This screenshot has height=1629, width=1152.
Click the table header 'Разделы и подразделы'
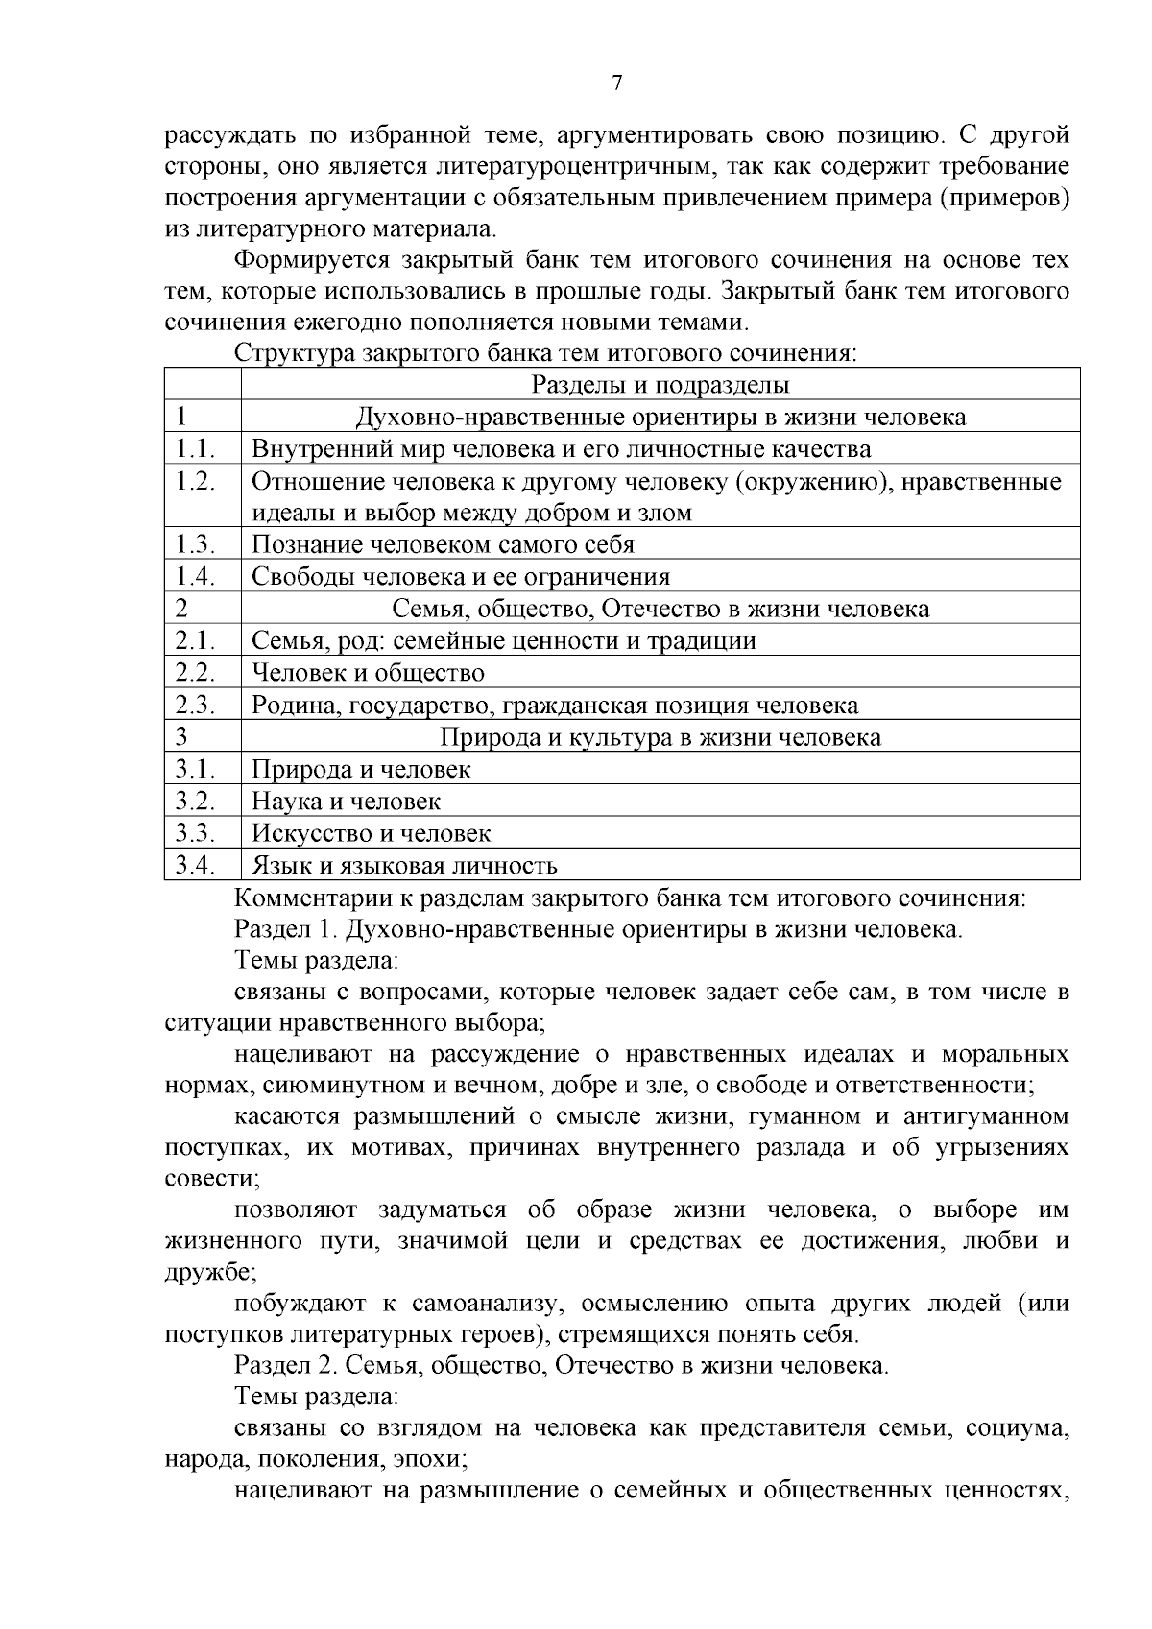tap(660, 385)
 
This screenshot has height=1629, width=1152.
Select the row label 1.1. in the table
tap(194, 449)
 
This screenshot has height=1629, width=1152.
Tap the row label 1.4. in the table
tap(194, 577)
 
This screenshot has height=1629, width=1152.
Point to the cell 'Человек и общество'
tap(368, 673)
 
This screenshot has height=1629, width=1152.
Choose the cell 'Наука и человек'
tap(347, 802)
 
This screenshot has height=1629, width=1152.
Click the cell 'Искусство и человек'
tap(372, 833)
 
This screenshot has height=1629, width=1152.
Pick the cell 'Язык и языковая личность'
tap(404, 866)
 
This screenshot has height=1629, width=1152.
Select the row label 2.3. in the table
tap(194, 706)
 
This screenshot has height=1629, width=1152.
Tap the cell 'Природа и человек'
tap(361, 769)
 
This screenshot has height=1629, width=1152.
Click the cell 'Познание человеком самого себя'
tap(443, 545)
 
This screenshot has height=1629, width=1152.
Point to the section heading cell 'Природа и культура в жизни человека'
tap(660, 737)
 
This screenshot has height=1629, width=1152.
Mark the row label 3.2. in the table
tap(194, 802)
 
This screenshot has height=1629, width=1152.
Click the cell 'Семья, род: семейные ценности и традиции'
tap(504, 641)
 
